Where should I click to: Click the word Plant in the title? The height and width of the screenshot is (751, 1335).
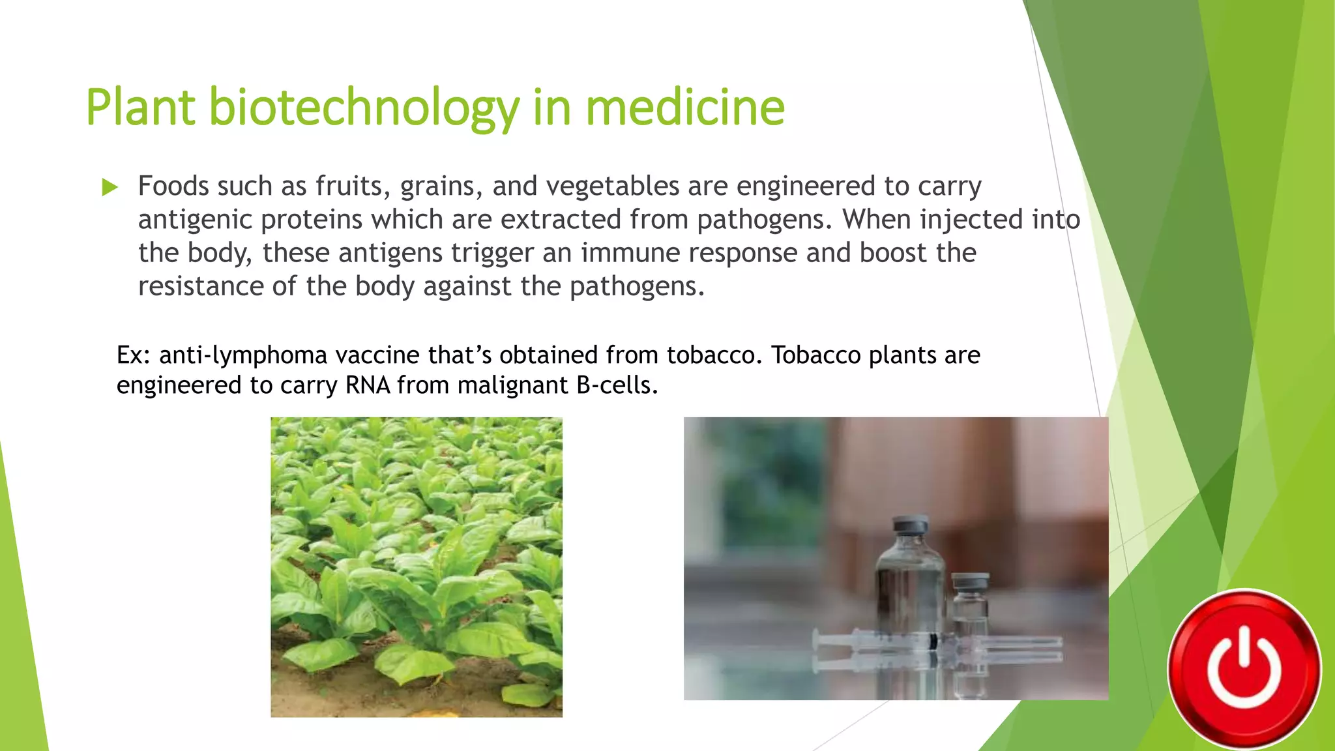point(140,108)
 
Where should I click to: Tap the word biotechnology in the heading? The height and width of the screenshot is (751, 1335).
point(364,108)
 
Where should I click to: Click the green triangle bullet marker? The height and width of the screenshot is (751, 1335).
point(110,188)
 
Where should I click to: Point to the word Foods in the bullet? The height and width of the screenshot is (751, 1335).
point(173,186)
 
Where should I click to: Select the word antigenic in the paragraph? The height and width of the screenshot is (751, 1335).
point(195,220)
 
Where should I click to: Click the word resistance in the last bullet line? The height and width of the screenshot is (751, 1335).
point(201,286)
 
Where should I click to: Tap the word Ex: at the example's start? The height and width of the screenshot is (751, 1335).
point(134,355)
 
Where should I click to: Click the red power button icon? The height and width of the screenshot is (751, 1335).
point(1244,669)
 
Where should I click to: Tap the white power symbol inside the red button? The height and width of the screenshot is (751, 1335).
point(1244,671)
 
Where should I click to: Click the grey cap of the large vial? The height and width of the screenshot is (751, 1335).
point(910,524)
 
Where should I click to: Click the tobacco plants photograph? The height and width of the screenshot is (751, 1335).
point(417,567)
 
